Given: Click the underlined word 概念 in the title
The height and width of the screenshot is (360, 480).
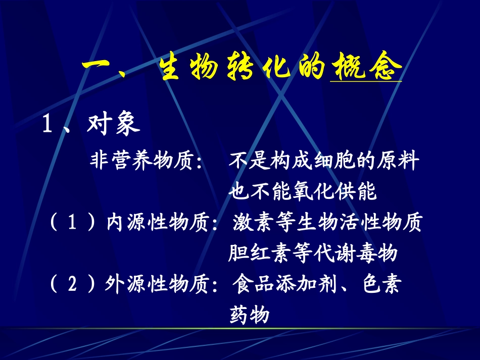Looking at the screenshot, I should point(365,67).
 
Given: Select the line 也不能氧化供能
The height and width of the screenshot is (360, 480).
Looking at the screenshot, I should point(303,191).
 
